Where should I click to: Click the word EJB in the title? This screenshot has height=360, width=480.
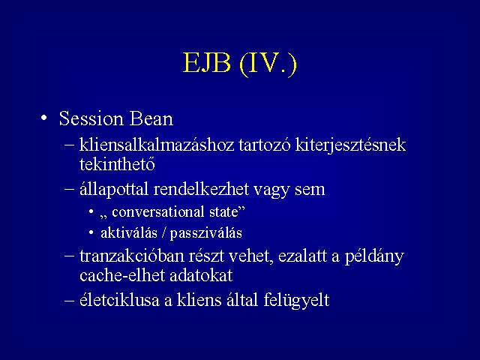pos(207,63)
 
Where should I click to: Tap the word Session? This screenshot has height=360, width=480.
pos(91,118)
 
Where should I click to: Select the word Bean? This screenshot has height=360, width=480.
pos(151,118)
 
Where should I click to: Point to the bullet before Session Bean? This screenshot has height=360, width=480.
pos(44,118)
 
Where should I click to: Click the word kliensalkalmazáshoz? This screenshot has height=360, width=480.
pos(157,145)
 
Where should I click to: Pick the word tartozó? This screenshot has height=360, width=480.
pos(265,145)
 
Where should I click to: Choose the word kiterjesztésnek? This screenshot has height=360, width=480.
pos(350,145)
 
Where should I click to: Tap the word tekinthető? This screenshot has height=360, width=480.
pos(117,163)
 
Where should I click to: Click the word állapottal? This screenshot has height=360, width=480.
pos(114,189)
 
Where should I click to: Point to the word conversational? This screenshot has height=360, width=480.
pos(158,211)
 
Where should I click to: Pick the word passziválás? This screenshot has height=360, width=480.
pos(206,233)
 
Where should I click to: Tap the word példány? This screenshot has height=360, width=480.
pos(374,256)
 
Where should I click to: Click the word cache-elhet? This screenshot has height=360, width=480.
pos(122,275)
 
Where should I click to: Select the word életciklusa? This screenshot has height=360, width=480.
pos(120,299)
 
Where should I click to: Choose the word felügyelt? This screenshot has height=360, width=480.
pos(296,300)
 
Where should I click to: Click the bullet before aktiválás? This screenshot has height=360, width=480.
pos(91,233)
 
